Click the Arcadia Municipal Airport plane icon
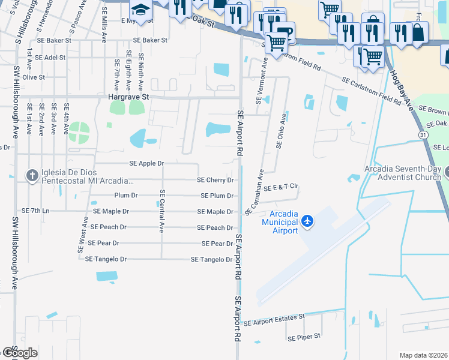pyautogui.click(x=307, y=221)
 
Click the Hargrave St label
pyautogui.click(x=128, y=96)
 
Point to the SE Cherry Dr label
pyautogui.click(x=215, y=180)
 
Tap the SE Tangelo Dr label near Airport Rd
pyautogui.click(x=211, y=260)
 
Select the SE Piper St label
pyautogui.click(x=304, y=337)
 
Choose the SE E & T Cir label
pyautogui.click(x=281, y=187)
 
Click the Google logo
pyautogui.click(x=19, y=352)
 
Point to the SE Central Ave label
pyautogui.click(x=161, y=211)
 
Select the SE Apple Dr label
pyautogui.click(x=146, y=163)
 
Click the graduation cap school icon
pyautogui.click(x=140, y=10)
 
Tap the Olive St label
pyautogui.click(x=34, y=77)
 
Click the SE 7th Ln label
pyautogui.click(x=35, y=211)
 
